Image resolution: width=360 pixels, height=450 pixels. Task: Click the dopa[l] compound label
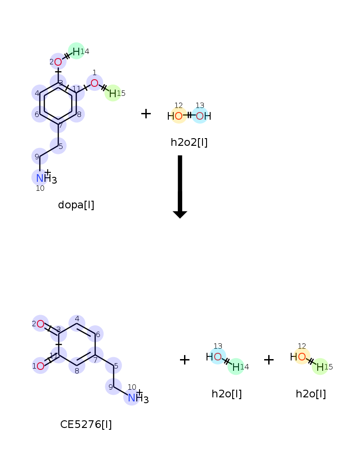76,205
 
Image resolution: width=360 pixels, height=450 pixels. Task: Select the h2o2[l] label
189,142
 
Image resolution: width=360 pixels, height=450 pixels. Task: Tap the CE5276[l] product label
86,424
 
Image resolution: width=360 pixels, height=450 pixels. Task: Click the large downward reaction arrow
180,187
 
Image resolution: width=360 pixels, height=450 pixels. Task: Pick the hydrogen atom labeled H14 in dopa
76,52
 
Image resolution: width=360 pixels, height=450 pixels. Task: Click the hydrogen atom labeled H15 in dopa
113,93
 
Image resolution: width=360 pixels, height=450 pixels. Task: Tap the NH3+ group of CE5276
138,397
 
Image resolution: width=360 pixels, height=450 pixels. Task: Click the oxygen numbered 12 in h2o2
179,116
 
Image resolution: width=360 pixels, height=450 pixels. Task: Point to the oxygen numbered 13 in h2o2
200,116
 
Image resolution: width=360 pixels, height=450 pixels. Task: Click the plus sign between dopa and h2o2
146,114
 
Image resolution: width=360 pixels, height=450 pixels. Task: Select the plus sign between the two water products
269,360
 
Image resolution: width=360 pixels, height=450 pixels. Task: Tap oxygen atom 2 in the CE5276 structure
40,324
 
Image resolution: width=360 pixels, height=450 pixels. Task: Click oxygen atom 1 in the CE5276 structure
40,366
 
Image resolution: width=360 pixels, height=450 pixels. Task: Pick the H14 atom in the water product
236,367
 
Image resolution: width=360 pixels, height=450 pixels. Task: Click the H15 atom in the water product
320,367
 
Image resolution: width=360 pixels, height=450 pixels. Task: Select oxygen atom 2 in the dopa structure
58,62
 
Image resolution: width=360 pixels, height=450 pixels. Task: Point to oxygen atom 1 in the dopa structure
94,83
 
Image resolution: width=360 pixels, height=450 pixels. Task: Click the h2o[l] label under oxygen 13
226,394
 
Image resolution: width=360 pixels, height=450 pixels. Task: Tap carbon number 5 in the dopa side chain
58,146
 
